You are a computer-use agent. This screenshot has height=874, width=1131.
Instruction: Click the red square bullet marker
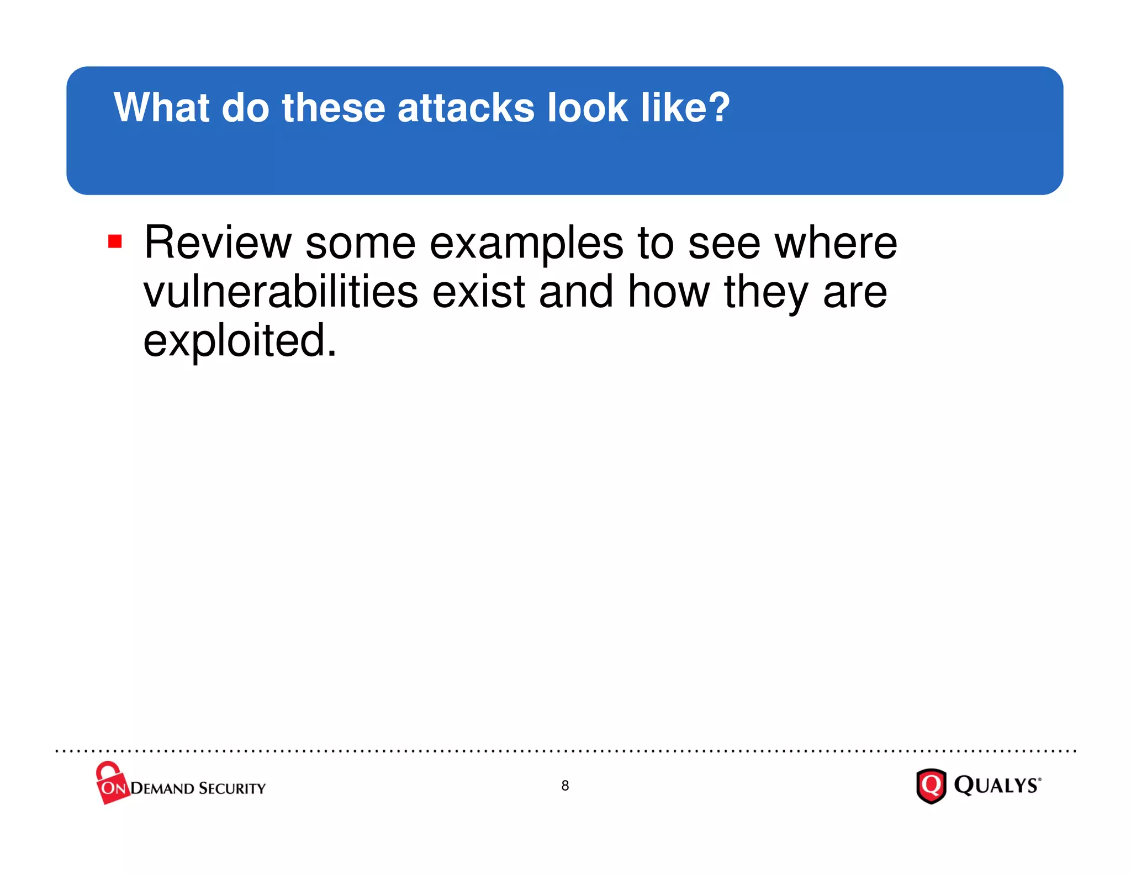click(115, 241)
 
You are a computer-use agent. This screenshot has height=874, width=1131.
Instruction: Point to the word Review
click(218, 243)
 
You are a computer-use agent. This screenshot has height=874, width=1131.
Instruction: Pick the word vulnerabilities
click(280, 292)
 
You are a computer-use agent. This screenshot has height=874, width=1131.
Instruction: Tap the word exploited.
click(240, 341)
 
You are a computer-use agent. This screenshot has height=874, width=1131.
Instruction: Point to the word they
click(766, 293)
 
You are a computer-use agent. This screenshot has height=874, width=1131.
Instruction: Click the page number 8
click(565, 785)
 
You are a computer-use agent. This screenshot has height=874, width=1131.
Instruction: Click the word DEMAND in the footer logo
click(162, 788)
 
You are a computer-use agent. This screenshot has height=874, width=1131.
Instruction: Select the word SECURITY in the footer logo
click(232, 788)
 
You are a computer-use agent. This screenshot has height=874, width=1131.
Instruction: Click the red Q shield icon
click(931, 786)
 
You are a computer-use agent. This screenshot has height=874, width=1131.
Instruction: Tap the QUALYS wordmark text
click(997, 785)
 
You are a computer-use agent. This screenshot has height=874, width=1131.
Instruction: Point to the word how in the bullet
click(669, 292)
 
